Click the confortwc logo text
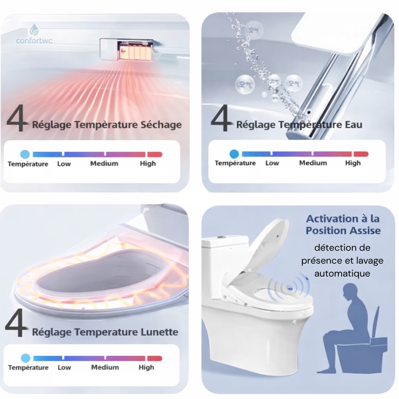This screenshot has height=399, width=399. point(34,41)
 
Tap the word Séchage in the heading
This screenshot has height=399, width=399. point(161,125)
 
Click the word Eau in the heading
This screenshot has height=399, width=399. point(354,124)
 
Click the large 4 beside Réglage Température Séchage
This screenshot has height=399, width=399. point(16,118)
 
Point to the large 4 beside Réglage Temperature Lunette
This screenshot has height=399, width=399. point(16,323)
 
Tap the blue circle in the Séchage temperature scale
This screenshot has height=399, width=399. point(25,154)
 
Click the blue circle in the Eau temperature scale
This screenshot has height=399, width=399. point(234,154)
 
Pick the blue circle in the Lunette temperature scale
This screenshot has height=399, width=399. point(25,358)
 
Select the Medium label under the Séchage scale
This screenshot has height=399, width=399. point(104,163)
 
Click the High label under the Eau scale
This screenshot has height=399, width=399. point(353,163)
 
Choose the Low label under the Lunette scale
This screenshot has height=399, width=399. point(64,367)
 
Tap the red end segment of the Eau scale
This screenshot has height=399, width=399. point(361,154)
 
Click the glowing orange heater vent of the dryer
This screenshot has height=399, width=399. point(134,51)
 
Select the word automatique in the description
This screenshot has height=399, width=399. point(342,273)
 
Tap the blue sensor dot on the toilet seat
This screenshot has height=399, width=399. point(289,288)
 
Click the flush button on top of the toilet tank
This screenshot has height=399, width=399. point(220,237)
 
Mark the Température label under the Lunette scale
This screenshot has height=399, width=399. point(28,367)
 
